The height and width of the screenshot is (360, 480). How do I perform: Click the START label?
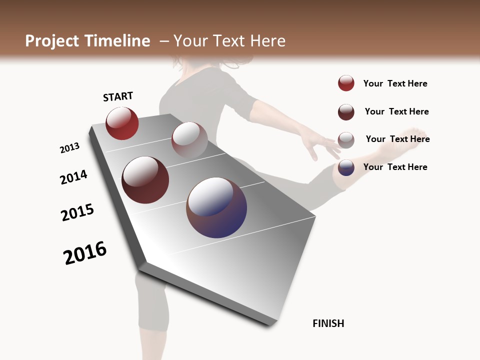(x=118, y=96)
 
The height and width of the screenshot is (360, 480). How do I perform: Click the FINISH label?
(x=328, y=323)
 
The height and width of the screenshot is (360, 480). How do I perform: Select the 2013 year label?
(x=69, y=148)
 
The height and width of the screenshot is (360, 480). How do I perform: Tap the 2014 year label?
(x=73, y=177)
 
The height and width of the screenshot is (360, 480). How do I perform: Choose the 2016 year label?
(x=85, y=253)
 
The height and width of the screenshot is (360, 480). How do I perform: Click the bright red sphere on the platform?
(x=122, y=123)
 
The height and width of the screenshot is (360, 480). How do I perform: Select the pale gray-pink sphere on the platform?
(x=189, y=139)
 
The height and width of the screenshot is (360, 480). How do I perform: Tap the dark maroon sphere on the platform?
(x=145, y=180)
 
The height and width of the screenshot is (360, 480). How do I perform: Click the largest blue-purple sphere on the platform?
(x=216, y=207)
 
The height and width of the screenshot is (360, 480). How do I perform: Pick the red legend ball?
(x=346, y=83)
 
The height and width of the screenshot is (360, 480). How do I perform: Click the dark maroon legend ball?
(x=346, y=112)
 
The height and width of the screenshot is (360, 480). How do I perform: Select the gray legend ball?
(x=346, y=140)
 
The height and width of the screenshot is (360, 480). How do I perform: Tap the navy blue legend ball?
(x=346, y=167)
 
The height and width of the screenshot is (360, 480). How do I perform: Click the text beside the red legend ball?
(x=395, y=83)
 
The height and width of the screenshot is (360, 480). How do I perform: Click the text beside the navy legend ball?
(x=395, y=167)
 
